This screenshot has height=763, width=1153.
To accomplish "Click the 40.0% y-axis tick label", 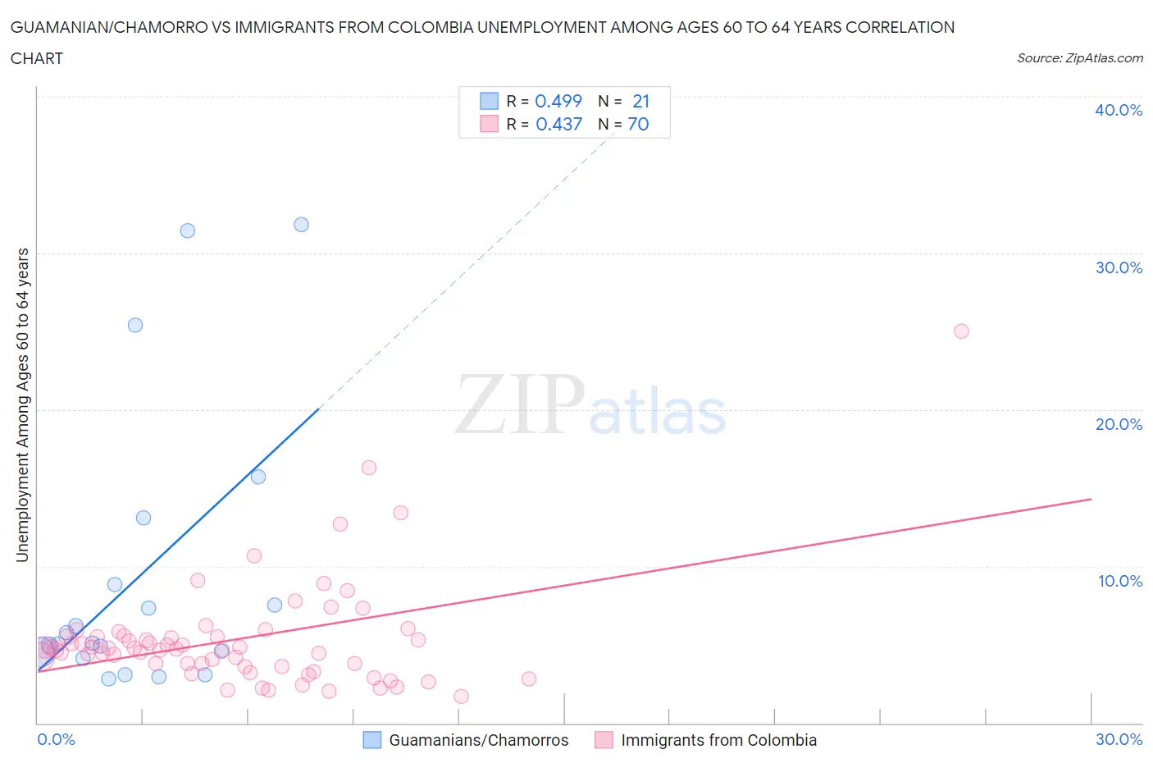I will coord(1119,110).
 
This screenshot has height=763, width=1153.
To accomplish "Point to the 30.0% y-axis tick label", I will coord(1119,267).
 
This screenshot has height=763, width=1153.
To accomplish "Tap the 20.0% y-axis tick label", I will coord(1119,424).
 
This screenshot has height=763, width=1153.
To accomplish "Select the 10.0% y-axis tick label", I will coord(1119,581).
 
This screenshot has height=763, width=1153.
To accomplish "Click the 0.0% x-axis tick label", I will coord(56,739).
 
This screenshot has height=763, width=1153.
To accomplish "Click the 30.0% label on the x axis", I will coord(1119,739).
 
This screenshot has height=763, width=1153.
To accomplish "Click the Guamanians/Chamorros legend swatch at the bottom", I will coord(372,740).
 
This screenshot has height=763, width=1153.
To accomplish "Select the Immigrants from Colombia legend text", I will coord(718,740).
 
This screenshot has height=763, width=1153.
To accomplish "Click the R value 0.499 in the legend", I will coord(558,101).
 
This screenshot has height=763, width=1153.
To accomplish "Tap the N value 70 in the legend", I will coord(638,124).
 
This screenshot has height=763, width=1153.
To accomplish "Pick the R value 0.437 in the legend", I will coord(558,124).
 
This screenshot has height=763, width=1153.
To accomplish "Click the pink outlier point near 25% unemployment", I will coord(961,331).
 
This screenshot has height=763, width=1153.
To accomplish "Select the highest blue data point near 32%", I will coord(301,225).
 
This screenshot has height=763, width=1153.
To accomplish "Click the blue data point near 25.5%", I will coord(135,325).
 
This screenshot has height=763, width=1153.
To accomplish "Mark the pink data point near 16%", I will coord(369,468).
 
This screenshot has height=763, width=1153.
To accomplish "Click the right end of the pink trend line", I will coord(1091,499).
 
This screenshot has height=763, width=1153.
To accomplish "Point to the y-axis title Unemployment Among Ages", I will coord(22,404).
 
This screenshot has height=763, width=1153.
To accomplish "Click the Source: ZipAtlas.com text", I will coord(1079,57).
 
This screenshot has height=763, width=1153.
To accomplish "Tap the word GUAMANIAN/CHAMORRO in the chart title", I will coord(107,27).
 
